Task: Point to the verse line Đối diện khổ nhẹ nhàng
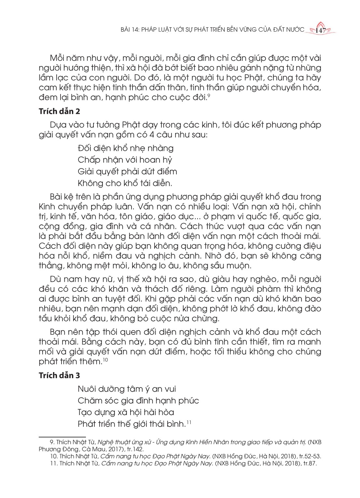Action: [126, 148]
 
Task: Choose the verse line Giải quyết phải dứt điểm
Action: [128, 171]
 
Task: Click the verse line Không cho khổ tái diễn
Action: [125, 183]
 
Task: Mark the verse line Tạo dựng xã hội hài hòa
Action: [126, 412]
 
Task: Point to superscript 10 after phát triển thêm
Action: [105, 360]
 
